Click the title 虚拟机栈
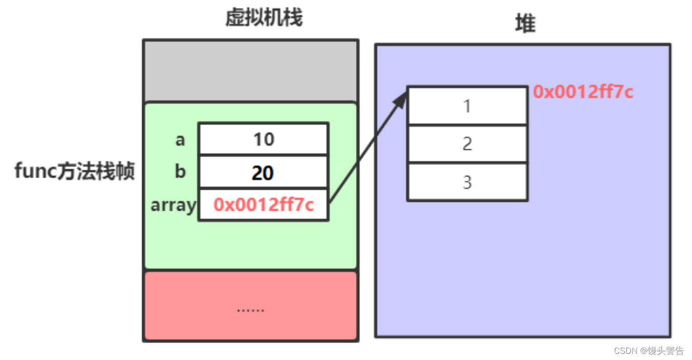coord(264,18)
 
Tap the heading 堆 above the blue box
coord(525,24)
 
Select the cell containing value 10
coord(263,139)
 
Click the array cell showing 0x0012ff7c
coord(263,205)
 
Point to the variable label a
coord(180,139)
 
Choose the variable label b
coord(180,172)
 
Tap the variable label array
coord(173,205)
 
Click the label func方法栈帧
coord(74,171)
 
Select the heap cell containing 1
coord(467,106)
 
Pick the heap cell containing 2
coord(467,144)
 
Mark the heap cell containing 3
coord(467,182)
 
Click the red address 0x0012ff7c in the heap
coord(583,92)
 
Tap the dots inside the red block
coord(250,310)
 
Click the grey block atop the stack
coord(250,71)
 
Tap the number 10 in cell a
coord(263,139)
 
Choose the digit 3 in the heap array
coord(467,182)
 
